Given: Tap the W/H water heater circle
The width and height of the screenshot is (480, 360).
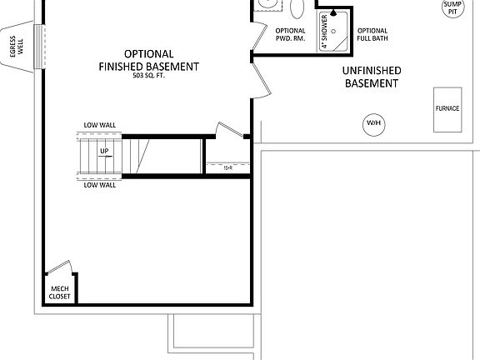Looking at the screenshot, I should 372,124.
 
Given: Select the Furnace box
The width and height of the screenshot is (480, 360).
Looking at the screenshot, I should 447,108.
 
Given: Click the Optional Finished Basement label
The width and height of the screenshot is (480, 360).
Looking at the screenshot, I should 148,59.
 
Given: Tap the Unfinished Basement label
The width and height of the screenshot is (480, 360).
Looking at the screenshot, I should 372,77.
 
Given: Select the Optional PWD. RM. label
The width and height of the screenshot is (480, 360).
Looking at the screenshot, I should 290,36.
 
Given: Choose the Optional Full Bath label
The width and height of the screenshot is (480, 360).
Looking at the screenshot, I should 372,36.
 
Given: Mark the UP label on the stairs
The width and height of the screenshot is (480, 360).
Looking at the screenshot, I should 105,152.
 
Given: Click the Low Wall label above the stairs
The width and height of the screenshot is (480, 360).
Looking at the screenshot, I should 99,125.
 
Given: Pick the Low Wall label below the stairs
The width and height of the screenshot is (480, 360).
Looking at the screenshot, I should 99,185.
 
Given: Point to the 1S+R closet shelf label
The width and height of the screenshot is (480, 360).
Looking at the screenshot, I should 227,167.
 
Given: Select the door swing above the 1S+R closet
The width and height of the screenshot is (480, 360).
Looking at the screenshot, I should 227,131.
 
